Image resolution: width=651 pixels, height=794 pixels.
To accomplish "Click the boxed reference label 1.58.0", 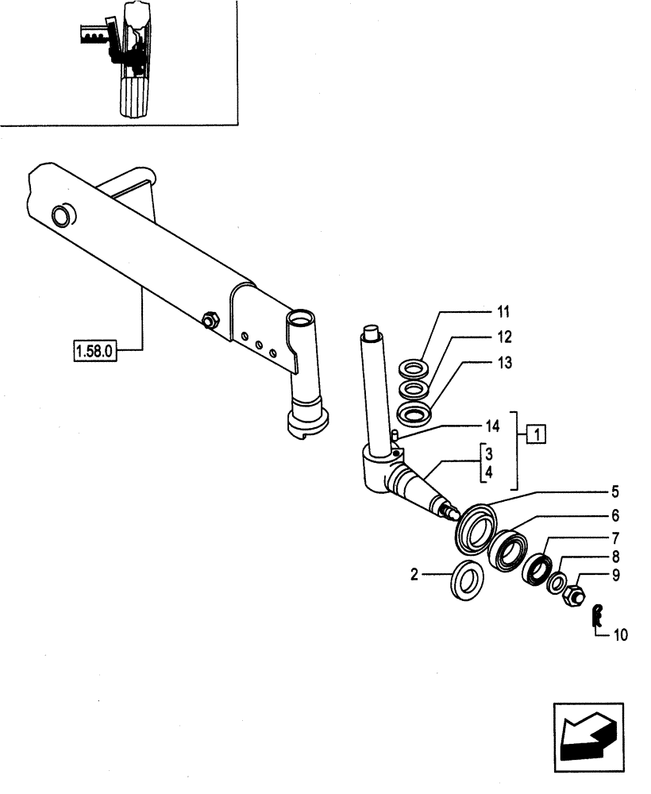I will coord(95,349).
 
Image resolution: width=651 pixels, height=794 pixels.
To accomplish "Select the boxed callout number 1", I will coord(537,434).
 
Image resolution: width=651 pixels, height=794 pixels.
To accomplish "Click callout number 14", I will coord(492,426).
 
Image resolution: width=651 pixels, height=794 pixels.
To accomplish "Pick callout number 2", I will coord(414,574).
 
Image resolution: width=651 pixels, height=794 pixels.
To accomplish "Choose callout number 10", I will coord(620,634).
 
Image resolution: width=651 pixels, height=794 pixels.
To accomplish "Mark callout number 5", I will coord(614,491).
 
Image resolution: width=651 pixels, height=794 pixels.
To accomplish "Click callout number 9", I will coord(614,574).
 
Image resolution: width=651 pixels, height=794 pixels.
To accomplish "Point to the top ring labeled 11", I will coord(413,369).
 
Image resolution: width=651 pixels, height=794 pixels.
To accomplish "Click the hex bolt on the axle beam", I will coord(211,321).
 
